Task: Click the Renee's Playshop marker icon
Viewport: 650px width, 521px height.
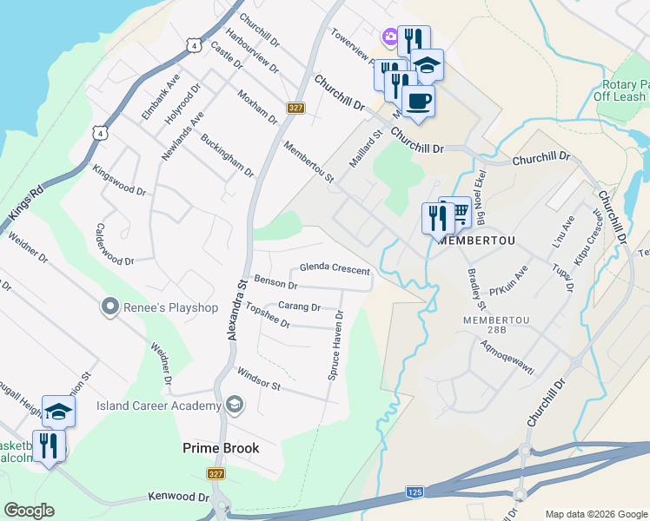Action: pos(109,307)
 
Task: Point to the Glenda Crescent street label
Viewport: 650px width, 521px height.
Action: pos(335,269)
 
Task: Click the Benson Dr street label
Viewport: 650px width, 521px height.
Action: pos(276,284)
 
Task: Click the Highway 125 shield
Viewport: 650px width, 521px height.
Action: pos(415,492)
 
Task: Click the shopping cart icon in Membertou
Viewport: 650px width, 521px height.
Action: pos(458,212)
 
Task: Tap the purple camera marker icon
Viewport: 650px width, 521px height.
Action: pos(388,36)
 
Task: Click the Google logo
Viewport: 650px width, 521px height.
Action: pos(29,511)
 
